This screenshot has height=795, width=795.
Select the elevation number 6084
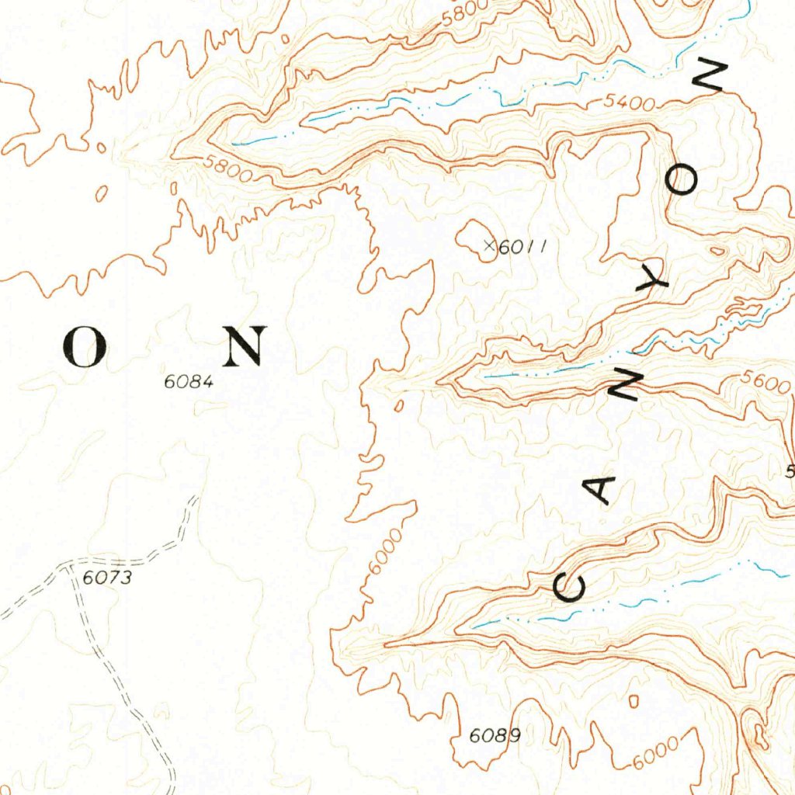point(188,381)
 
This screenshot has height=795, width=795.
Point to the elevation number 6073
point(108,577)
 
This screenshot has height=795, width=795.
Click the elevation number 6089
point(495,735)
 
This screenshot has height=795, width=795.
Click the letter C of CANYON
point(571,588)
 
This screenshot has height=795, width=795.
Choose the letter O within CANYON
point(684,181)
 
